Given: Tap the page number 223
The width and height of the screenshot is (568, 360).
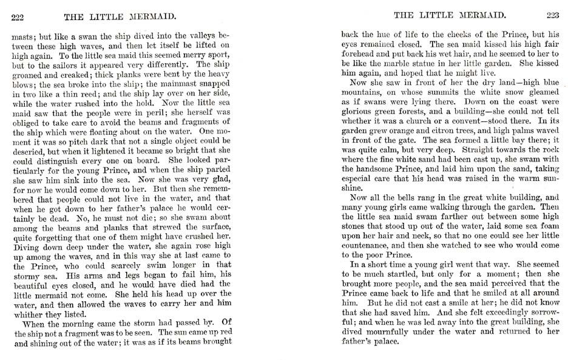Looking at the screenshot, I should coord(552,15).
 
